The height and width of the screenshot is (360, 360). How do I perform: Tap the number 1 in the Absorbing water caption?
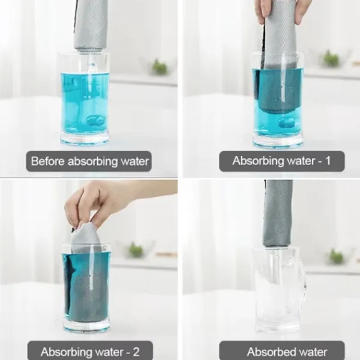[328, 160]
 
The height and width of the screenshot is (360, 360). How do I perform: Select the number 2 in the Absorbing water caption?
[136, 352]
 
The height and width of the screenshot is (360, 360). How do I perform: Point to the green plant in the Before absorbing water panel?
[160, 67]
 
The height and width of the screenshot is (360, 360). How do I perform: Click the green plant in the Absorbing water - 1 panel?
[331, 58]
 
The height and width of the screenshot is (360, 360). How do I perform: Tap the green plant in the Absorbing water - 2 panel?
[136, 250]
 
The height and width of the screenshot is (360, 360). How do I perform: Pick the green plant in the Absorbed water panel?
[336, 256]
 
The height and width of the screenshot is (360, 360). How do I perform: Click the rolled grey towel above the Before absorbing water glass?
[91, 26]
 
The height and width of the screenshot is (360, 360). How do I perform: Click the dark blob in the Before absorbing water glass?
[95, 120]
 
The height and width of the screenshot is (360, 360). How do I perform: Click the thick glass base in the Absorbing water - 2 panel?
[87, 326]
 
